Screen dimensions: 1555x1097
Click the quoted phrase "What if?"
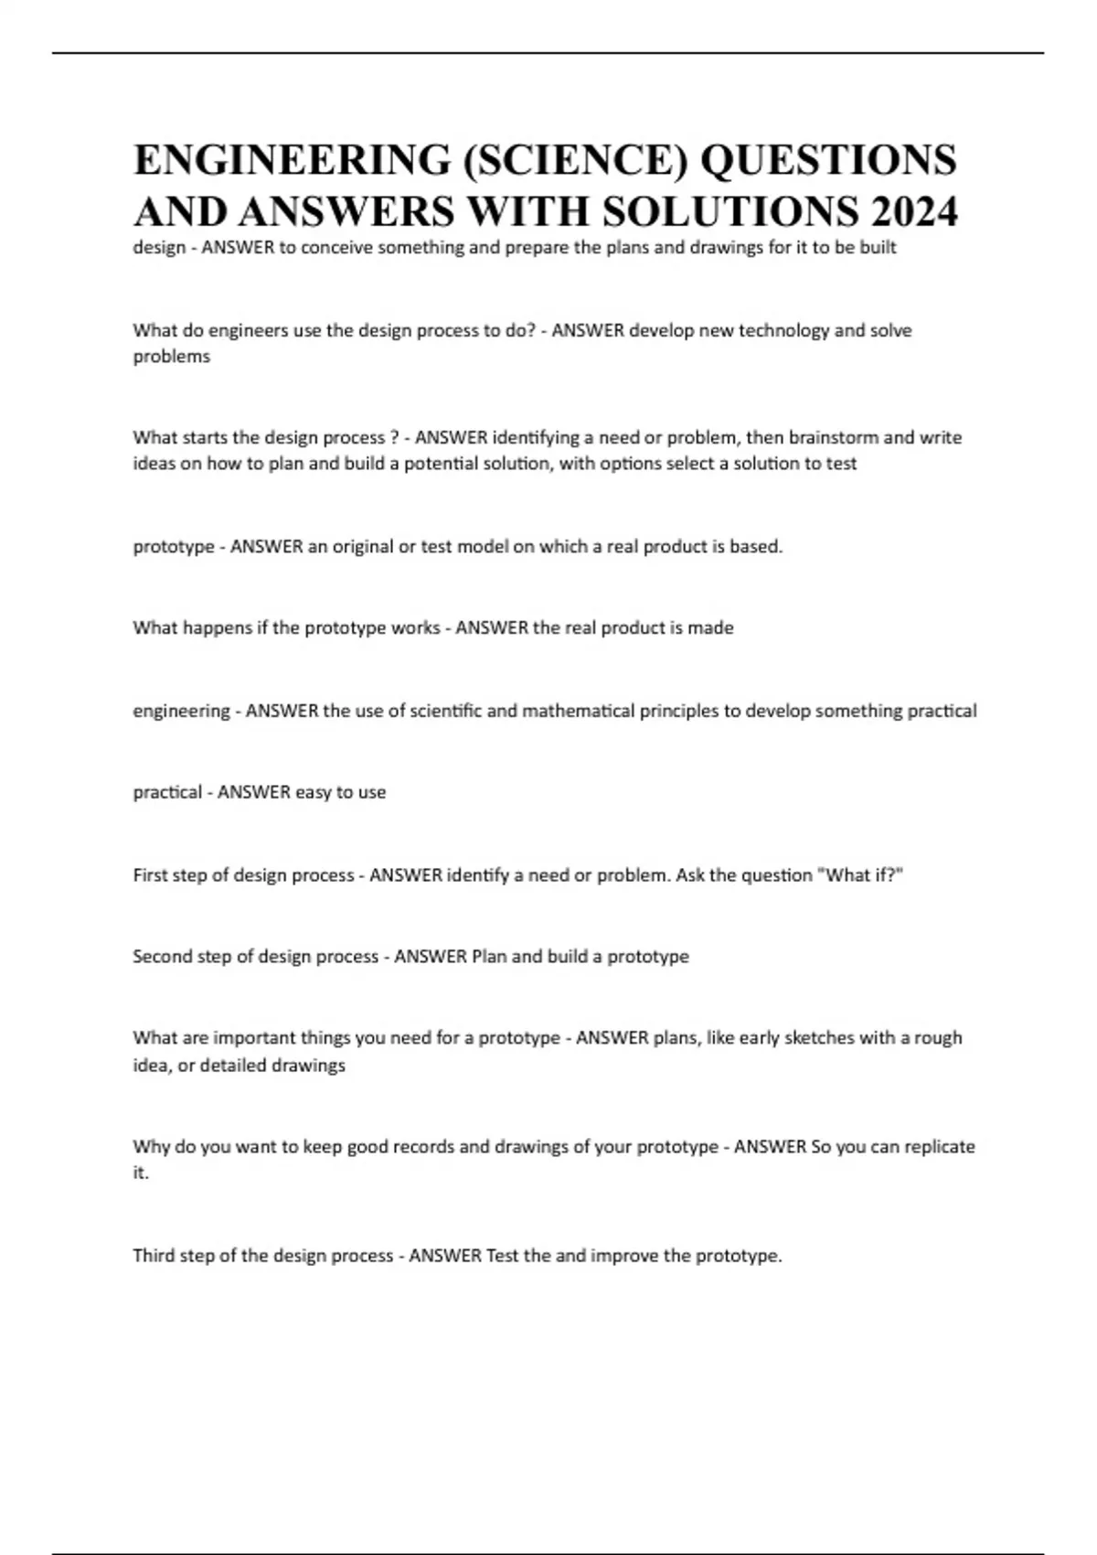click(x=864, y=875)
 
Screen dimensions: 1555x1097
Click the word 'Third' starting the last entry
click(x=154, y=1256)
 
